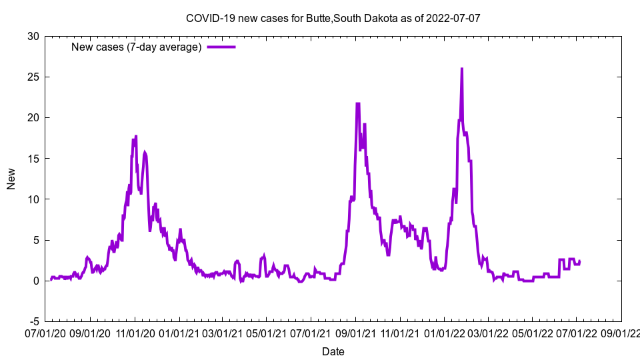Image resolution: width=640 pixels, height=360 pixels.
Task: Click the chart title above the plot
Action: click(x=333, y=18)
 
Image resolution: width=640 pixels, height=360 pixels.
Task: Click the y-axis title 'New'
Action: click(x=11, y=179)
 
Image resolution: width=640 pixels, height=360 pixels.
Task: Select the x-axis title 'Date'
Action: click(x=333, y=351)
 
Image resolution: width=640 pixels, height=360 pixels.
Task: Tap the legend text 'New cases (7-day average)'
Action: click(x=136, y=47)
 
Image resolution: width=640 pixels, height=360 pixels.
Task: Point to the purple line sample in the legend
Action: click(x=221, y=47)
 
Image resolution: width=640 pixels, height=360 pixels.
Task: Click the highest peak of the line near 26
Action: click(x=461, y=69)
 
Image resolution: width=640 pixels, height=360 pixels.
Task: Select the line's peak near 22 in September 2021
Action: click(x=358, y=103)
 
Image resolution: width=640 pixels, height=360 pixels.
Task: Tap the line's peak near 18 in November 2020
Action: click(x=136, y=137)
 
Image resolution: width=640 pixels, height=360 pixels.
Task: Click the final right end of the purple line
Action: click(x=579, y=261)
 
